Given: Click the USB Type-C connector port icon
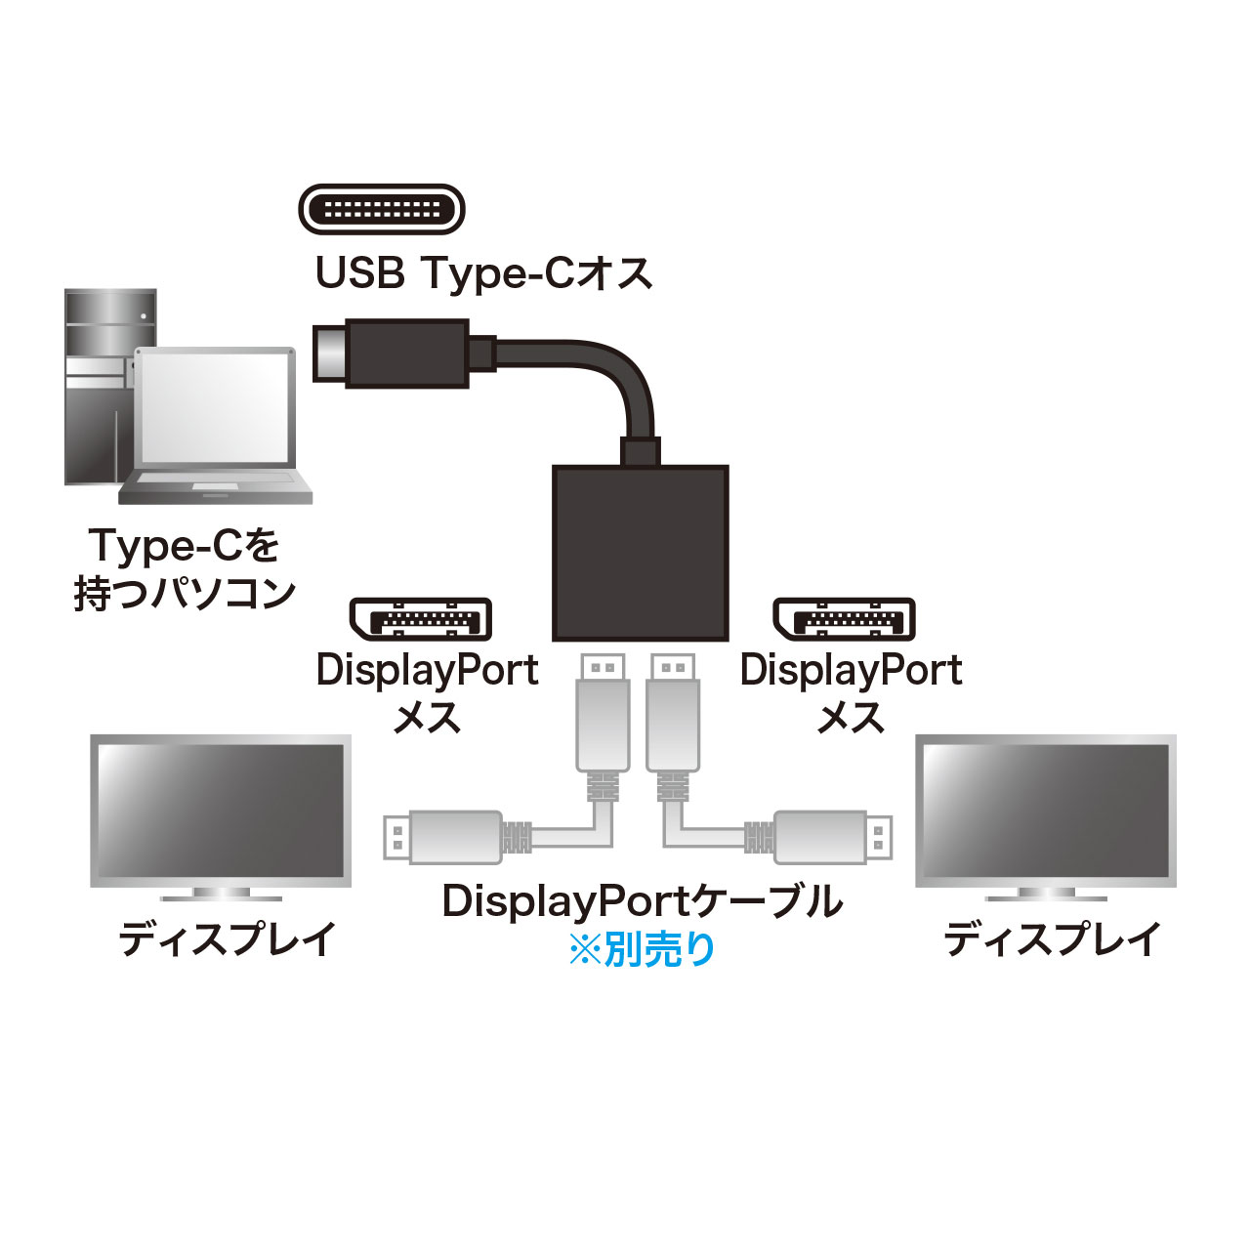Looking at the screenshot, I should pos(381,209).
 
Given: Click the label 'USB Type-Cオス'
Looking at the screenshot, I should pos(483,273).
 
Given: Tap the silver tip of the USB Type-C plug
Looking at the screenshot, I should pos(330,354).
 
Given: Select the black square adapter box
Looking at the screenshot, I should pos(640,553).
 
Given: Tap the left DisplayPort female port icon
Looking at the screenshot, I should pos(421,619).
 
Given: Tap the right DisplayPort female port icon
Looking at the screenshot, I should pos(845,619).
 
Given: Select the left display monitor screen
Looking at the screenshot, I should pos(221,810).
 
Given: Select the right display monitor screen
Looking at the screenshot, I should pos(1045,810).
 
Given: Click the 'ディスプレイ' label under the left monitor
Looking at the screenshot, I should pos(228,939).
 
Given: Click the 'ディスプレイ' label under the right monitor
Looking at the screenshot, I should pos(1052,939).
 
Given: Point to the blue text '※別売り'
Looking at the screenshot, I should pos(642,949).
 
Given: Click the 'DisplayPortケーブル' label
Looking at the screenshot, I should pos(642,900).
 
